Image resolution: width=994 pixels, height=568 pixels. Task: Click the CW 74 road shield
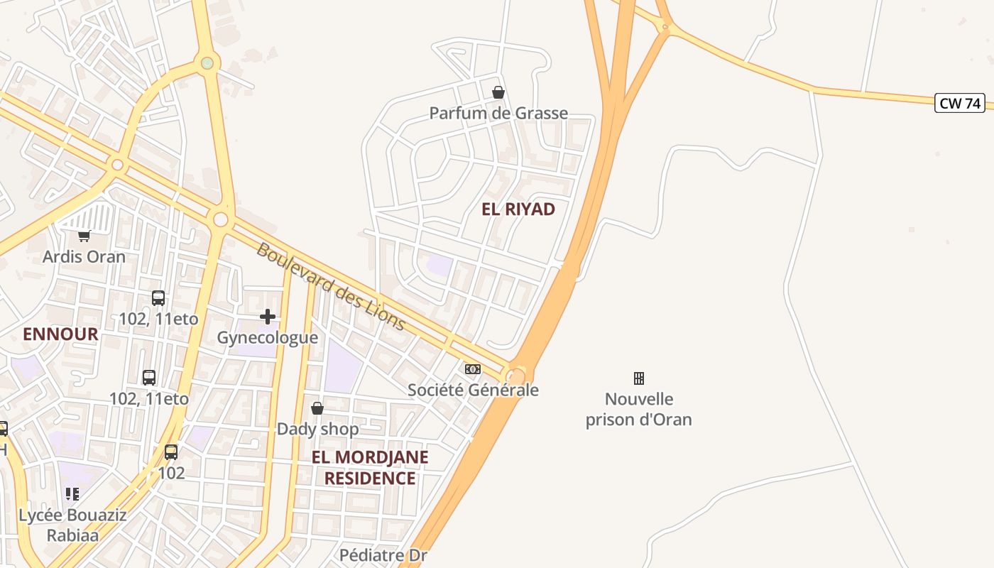[960, 103]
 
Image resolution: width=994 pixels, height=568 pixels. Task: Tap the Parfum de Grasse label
[498, 113]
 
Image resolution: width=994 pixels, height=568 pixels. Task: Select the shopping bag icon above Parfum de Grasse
[498, 92]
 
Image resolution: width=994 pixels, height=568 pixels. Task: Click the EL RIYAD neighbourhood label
[518, 209]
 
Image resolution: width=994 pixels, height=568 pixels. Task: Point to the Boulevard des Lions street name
[331, 287]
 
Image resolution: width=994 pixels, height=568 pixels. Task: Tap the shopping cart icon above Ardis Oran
[84, 236]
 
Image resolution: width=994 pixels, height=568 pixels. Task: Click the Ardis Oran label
[84, 256]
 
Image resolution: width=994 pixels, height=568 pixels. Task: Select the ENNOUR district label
[60, 334]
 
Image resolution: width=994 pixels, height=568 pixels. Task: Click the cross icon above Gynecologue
[268, 317]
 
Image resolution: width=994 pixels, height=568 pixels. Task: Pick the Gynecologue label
[268, 337]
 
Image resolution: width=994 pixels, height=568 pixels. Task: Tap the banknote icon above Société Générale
[473, 369]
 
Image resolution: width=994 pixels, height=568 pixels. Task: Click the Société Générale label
[473, 390]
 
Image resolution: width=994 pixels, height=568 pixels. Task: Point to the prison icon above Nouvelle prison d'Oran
[639, 378]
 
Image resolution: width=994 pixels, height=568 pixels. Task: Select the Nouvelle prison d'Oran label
[639, 409]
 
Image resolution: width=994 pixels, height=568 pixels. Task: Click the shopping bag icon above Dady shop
[317, 408]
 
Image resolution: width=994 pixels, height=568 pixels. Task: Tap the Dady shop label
[317, 429]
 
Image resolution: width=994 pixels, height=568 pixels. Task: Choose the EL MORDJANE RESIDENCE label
[370, 467]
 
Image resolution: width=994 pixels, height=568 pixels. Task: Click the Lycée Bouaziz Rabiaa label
[72, 525]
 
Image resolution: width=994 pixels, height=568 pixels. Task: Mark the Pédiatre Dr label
[383, 555]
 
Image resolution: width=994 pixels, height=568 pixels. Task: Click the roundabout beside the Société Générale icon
[517, 376]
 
